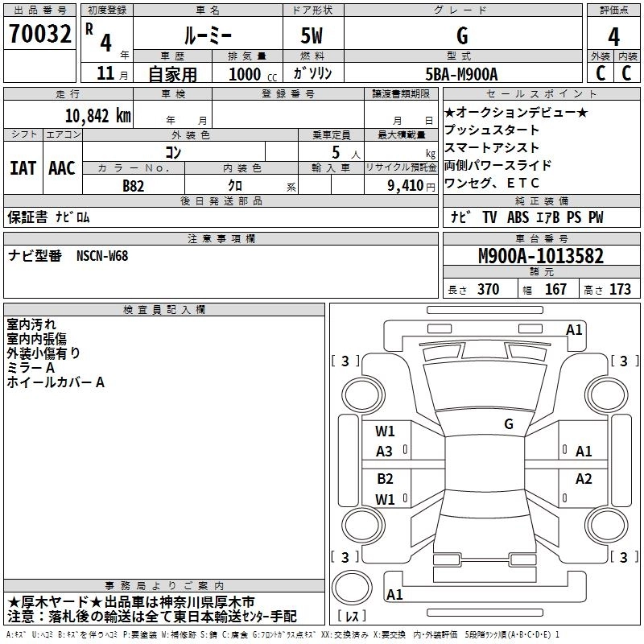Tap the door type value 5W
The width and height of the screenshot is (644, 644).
(312, 35)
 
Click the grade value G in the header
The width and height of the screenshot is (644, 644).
(461, 35)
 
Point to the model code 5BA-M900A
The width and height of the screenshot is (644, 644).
(461, 74)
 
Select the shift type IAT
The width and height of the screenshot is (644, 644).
(23, 168)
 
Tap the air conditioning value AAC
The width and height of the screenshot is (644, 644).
(62, 168)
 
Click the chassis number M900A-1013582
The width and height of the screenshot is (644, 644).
(540, 256)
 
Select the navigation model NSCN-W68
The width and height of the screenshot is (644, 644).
(102, 256)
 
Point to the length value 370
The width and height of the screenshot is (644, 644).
(488, 290)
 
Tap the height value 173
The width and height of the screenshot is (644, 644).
(620, 290)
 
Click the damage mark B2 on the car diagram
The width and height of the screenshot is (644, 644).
(385, 479)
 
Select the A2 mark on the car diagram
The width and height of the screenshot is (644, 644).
(584, 479)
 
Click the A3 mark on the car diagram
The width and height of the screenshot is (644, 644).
(385, 452)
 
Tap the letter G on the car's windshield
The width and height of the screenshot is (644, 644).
(508, 423)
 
